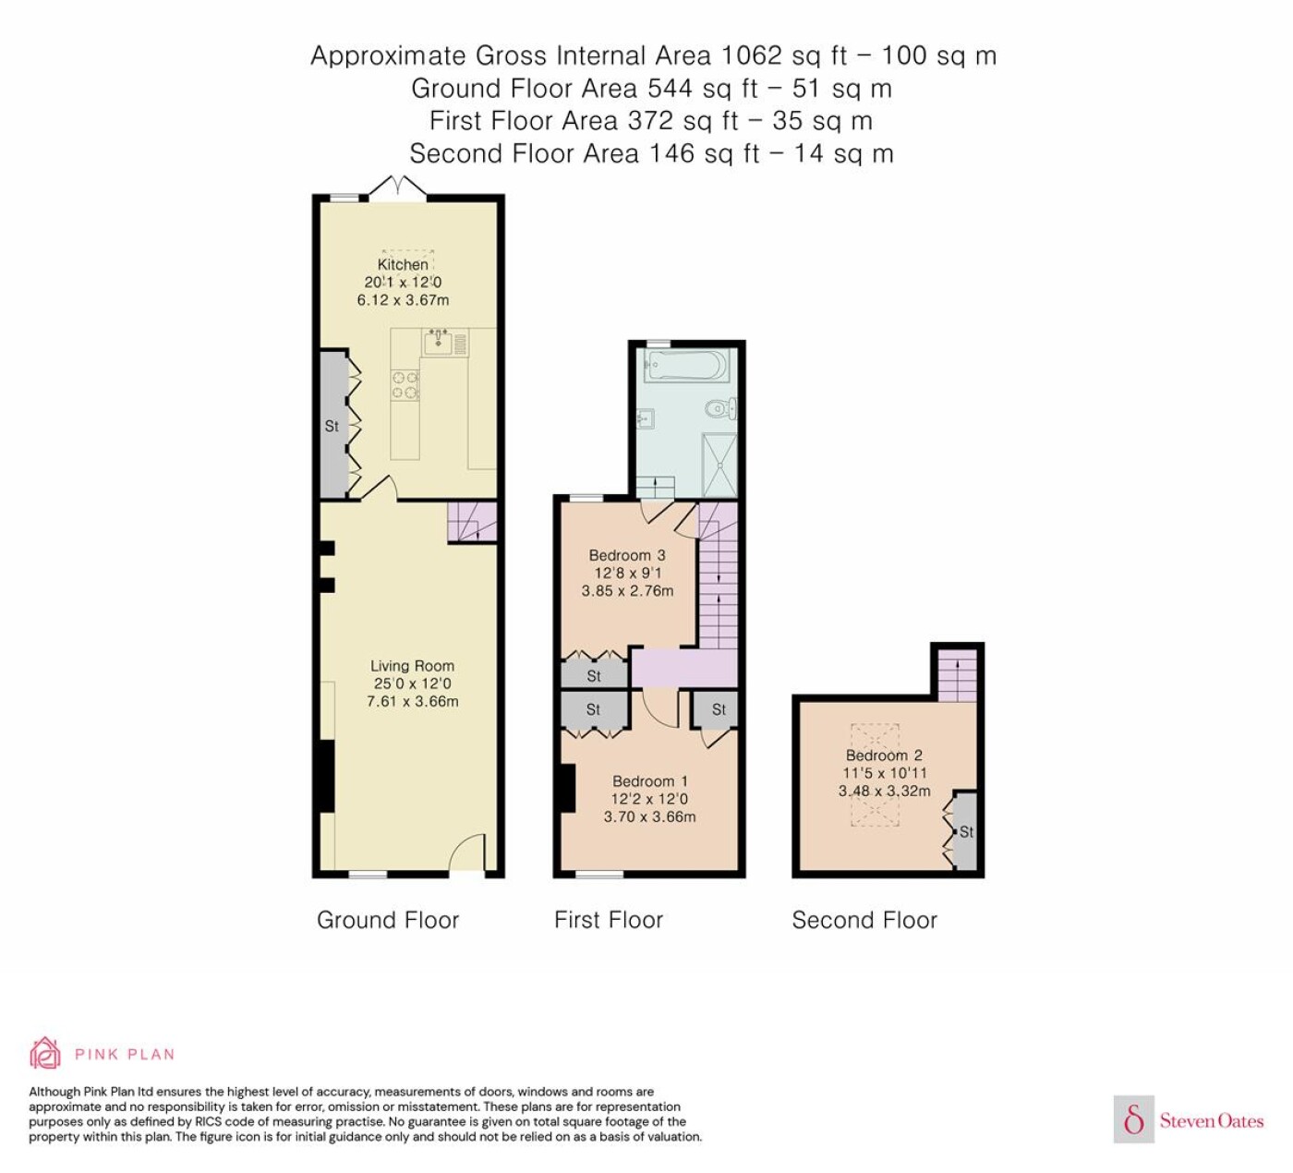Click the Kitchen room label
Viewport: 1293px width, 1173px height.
[403, 264]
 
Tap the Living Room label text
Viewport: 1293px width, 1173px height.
[413, 666]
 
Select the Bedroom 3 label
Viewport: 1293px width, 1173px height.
[627, 555]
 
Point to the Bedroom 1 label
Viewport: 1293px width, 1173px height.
[649, 781]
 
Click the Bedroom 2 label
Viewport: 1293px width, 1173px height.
[885, 756]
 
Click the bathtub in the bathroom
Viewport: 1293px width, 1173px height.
[687, 366]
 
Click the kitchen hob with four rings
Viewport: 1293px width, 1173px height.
[405, 385]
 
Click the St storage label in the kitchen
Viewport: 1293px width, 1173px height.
[332, 427]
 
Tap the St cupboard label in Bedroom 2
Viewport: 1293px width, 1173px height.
[966, 832]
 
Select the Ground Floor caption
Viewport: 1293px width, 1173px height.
[388, 920]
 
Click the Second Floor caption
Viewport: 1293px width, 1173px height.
[864, 920]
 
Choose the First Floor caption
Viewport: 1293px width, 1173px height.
[609, 920]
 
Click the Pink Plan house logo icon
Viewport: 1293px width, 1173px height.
[45, 1053]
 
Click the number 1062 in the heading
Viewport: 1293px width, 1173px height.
[752, 55]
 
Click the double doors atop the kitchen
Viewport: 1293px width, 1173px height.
[398, 187]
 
